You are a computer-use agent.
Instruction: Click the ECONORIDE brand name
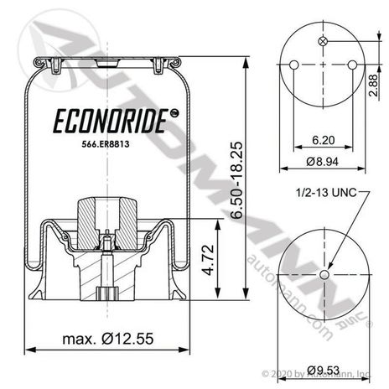tap(111, 122)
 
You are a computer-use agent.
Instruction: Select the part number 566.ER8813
tap(106, 144)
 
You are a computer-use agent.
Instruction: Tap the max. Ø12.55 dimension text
tap(108, 339)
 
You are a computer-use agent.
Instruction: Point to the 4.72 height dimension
tap(208, 260)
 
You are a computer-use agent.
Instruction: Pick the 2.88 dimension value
tap(373, 86)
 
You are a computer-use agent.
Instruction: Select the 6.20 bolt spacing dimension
tap(324, 140)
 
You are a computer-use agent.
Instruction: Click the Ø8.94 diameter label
tap(322, 162)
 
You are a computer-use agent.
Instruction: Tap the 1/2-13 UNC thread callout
tap(326, 192)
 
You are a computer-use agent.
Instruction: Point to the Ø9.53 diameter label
tap(324, 370)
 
